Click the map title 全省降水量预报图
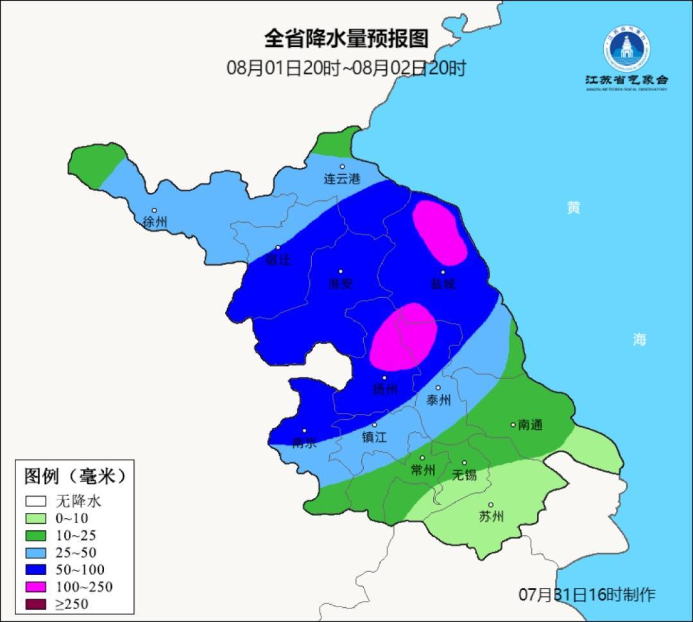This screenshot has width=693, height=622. point(346,39)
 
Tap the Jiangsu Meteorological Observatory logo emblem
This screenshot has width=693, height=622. point(626,49)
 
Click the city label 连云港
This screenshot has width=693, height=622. point(342,179)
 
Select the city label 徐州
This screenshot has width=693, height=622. point(155,222)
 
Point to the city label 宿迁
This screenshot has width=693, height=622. point(278,260)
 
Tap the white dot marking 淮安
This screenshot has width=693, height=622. point(341,272)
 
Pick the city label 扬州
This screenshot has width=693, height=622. point(385,389)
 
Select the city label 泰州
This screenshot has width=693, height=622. point(438,400)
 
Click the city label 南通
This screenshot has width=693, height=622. point(530,424)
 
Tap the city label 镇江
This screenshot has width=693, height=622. point(375,436)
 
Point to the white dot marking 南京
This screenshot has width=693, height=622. point(304,431)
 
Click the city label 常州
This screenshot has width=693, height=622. point(423,471)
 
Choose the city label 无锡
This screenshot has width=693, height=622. point(465,475)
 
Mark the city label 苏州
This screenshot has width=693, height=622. point(492,517)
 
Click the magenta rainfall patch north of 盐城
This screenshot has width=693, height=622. point(440,232)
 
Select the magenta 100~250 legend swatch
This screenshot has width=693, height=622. point(37,587)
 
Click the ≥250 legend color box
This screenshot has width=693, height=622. point(37,603)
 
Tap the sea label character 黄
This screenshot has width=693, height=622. point(574,207)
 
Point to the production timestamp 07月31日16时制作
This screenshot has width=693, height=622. point(586,595)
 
